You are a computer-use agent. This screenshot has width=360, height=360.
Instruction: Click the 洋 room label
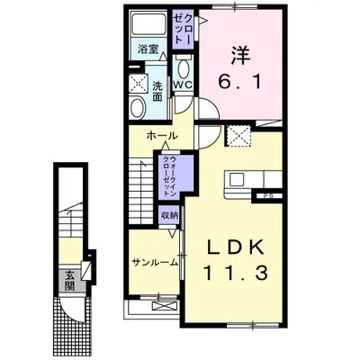tap(241, 56)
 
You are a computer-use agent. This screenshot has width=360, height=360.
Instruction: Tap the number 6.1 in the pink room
tap(239, 81)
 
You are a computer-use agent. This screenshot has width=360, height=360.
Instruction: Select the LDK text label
tap(237, 247)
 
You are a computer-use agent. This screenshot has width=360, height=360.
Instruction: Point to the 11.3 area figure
tap(236, 273)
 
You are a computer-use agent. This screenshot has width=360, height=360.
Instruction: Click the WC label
tap(183, 85)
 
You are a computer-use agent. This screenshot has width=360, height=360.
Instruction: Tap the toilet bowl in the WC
tap(183, 69)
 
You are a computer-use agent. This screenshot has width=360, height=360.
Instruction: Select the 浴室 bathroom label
tap(148, 49)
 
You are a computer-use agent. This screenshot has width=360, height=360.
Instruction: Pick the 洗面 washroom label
tap(157, 91)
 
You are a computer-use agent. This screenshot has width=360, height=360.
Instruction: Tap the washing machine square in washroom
tap(137, 83)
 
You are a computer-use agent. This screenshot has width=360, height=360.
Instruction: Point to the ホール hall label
tap(162, 136)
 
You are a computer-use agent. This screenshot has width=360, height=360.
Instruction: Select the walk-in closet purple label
tap(169, 176)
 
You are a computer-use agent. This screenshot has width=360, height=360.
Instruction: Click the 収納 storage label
tap(169, 215)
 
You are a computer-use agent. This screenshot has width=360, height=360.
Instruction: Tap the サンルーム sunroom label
tap(155, 263)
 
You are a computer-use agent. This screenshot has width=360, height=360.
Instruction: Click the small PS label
tap(268, 196)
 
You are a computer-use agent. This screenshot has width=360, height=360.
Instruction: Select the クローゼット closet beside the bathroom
tap(183, 30)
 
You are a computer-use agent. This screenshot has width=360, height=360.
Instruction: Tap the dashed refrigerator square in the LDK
tap(238, 137)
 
